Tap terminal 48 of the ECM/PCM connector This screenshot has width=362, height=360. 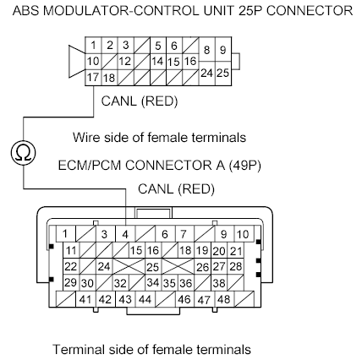pyautogui.click(x=223, y=299)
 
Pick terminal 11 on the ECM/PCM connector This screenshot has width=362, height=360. pyautogui.click(x=72, y=251)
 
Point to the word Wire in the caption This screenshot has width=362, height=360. pyautogui.click(x=85, y=137)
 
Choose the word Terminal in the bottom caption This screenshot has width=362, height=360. pyautogui.click(x=78, y=348)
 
